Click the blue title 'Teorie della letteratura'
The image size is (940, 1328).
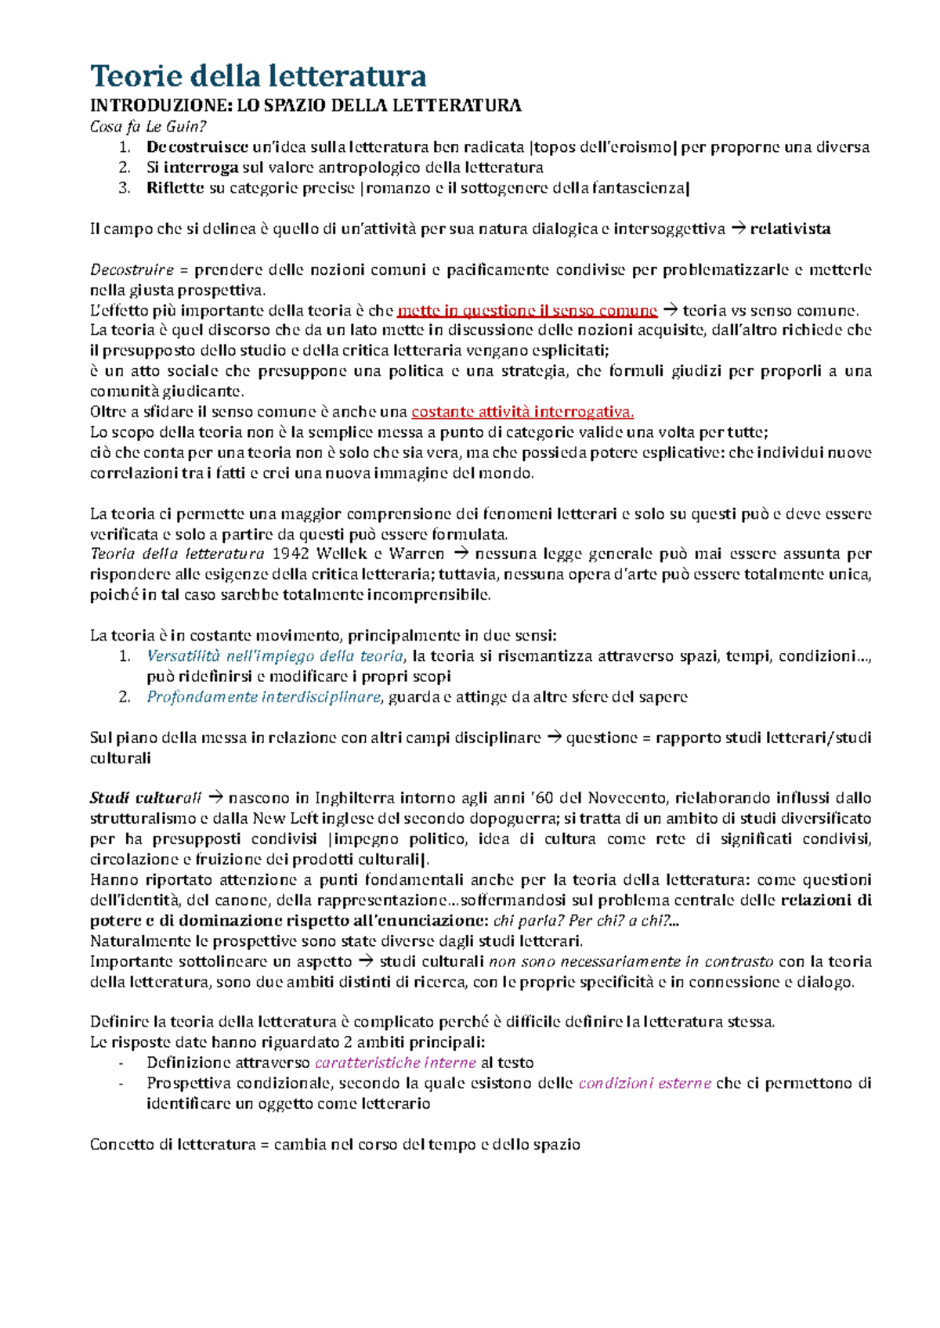pos(258,76)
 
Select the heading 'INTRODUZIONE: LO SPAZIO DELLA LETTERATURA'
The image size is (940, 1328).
pos(305,106)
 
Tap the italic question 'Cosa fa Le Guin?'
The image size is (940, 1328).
pos(148,127)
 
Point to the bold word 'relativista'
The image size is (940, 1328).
pos(790,229)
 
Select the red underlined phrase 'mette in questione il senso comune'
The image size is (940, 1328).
pos(527,311)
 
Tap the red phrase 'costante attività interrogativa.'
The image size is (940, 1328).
pos(522,412)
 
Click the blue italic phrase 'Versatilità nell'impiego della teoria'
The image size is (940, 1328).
pos(275,656)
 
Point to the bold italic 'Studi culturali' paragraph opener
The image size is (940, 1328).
pos(146,799)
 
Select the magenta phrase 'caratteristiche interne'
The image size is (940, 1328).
pos(396,1063)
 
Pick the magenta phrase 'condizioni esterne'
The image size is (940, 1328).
pos(645,1084)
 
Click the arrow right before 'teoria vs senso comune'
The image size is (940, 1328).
pos(670,311)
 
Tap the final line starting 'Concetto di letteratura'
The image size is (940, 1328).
pos(334,1145)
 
